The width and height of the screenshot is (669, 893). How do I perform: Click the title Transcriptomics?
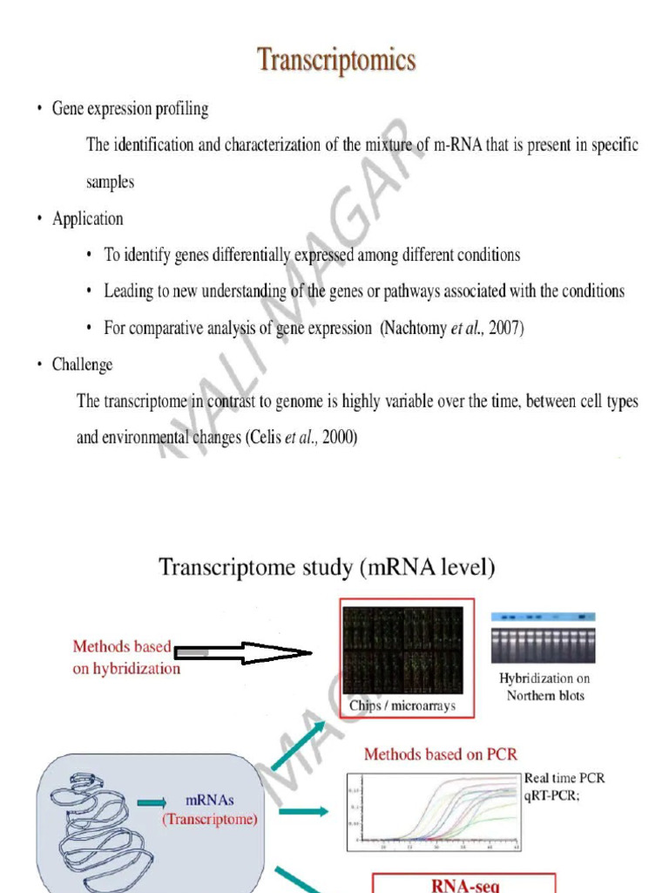336,60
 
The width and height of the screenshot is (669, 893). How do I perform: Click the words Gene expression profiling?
130,109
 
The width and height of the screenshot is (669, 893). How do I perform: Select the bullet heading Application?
87,219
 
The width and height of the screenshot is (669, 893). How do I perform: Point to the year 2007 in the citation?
505,329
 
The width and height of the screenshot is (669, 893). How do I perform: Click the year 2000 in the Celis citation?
339,439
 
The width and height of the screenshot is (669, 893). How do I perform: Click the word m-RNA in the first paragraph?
456,145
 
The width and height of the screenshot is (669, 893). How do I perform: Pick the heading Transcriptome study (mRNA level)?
327,569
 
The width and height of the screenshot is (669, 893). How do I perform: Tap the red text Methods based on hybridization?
126,658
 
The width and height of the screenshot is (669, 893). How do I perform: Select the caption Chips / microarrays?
402,706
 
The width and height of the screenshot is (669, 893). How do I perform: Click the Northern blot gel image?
544,638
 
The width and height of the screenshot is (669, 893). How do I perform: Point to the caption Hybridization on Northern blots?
545,686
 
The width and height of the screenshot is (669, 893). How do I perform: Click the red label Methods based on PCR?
440,753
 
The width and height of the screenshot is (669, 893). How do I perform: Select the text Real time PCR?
564,778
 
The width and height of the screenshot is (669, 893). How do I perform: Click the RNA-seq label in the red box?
465,884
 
